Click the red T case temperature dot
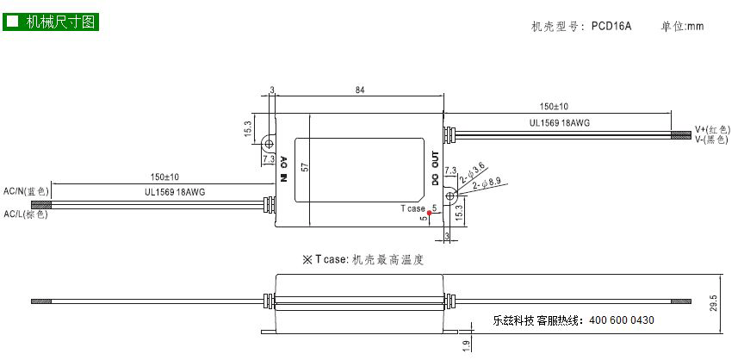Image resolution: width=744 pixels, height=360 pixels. tap(429, 213)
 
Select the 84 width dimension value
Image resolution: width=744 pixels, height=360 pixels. tap(360, 90)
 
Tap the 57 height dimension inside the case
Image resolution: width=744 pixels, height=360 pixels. tap(306, 167)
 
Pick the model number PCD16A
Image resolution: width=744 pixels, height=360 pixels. tap(611, 26)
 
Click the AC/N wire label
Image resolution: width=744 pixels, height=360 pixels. tap(26, 191)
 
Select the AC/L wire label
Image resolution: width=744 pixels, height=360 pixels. tap(26, 214)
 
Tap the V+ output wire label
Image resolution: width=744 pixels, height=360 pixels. tap(711, 129)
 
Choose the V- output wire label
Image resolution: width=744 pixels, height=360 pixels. tap(711, 139)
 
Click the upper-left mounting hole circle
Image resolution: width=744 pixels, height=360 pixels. tap(270, 143)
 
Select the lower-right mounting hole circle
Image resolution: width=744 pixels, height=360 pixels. tap(449, 195)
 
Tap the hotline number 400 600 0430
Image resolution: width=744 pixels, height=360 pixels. tap(622, 320)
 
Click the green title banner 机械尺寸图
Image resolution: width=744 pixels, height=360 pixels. tap(50, 22)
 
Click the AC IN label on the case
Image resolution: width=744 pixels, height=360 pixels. tap(284, 169)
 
